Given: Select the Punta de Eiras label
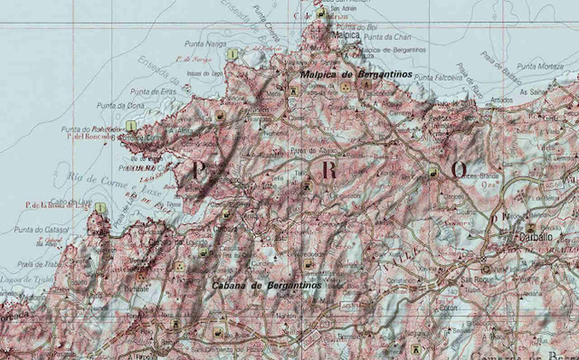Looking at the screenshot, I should (x=147, y=91).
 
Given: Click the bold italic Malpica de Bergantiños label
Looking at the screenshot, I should (x=357, y=74).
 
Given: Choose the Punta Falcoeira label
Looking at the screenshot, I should (x=435, y=78).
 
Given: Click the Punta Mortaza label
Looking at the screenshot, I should (x=540, y=66).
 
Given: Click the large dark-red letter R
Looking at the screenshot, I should (x=329, y=171).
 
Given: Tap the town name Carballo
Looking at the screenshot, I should (x=536, y=237).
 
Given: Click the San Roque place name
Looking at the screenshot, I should (x=473, y=280).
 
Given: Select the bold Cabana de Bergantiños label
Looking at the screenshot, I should (x=267, y=285).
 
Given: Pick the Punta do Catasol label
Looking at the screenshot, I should (x=41, y=230).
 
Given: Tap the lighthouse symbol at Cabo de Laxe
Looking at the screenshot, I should (x=101, y=208).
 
